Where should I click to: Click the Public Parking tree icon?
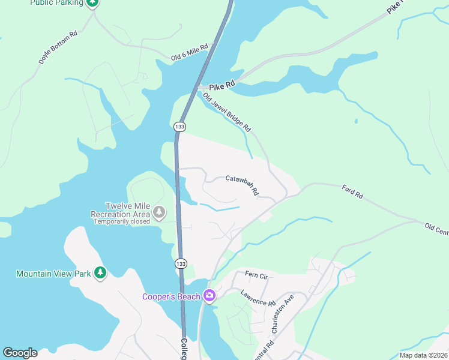point(92,3)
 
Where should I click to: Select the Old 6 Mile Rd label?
point(189,52)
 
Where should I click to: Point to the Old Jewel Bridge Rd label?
point(226,113)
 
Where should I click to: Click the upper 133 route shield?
point(179,127)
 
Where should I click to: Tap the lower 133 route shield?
point(181,264)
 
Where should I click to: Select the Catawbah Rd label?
point(241,185)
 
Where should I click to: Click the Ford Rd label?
point(352,191)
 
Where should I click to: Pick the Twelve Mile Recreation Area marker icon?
point(159,212)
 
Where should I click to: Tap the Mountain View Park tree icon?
point(100,274)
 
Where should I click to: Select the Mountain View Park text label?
point(53,274)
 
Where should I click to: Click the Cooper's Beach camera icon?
point(209,295)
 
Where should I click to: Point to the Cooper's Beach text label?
point(172,296)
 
